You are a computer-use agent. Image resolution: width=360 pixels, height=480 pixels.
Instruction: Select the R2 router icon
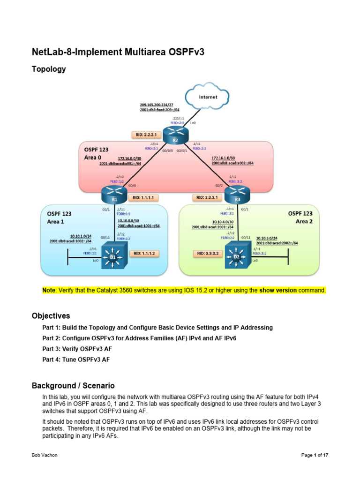[x=175, y=136]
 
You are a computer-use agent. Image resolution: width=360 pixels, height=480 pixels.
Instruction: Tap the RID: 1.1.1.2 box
[x=144, y=254]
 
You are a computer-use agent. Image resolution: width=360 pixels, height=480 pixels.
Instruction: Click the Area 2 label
[x=304, y=221]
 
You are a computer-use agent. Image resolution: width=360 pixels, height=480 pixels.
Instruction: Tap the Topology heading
[x=49, y=69]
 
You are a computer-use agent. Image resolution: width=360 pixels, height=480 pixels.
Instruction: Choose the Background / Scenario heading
[x=73, y=386]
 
